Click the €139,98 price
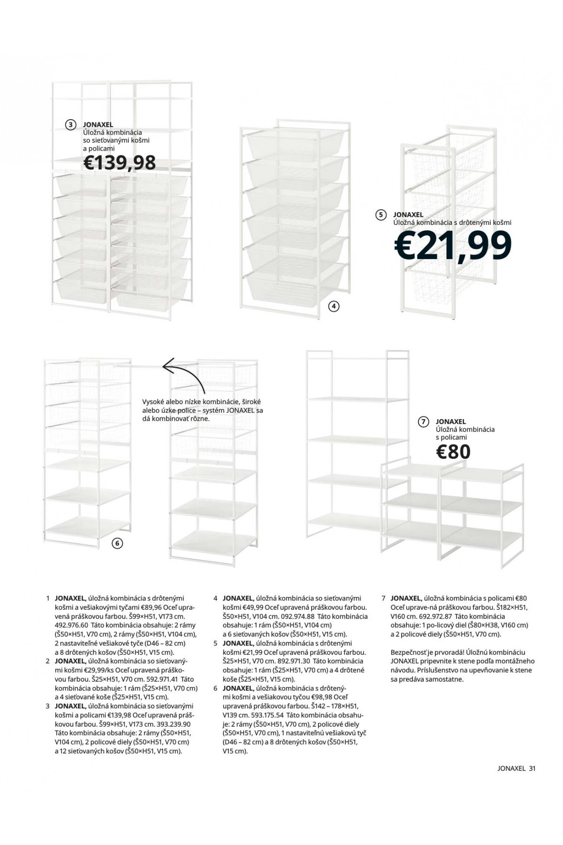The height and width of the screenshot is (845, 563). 119,162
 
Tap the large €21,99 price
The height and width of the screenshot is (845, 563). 452,245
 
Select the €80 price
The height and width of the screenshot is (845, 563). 453,452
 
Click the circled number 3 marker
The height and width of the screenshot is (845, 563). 70,124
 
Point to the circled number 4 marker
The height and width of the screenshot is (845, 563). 333,307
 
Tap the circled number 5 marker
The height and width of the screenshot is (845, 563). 381,215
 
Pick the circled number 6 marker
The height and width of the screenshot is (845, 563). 118,544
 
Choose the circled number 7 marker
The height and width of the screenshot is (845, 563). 424,422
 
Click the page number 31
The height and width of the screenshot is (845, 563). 532,768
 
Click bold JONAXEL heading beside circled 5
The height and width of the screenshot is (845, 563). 408,215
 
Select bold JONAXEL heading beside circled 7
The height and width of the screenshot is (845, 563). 450,422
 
